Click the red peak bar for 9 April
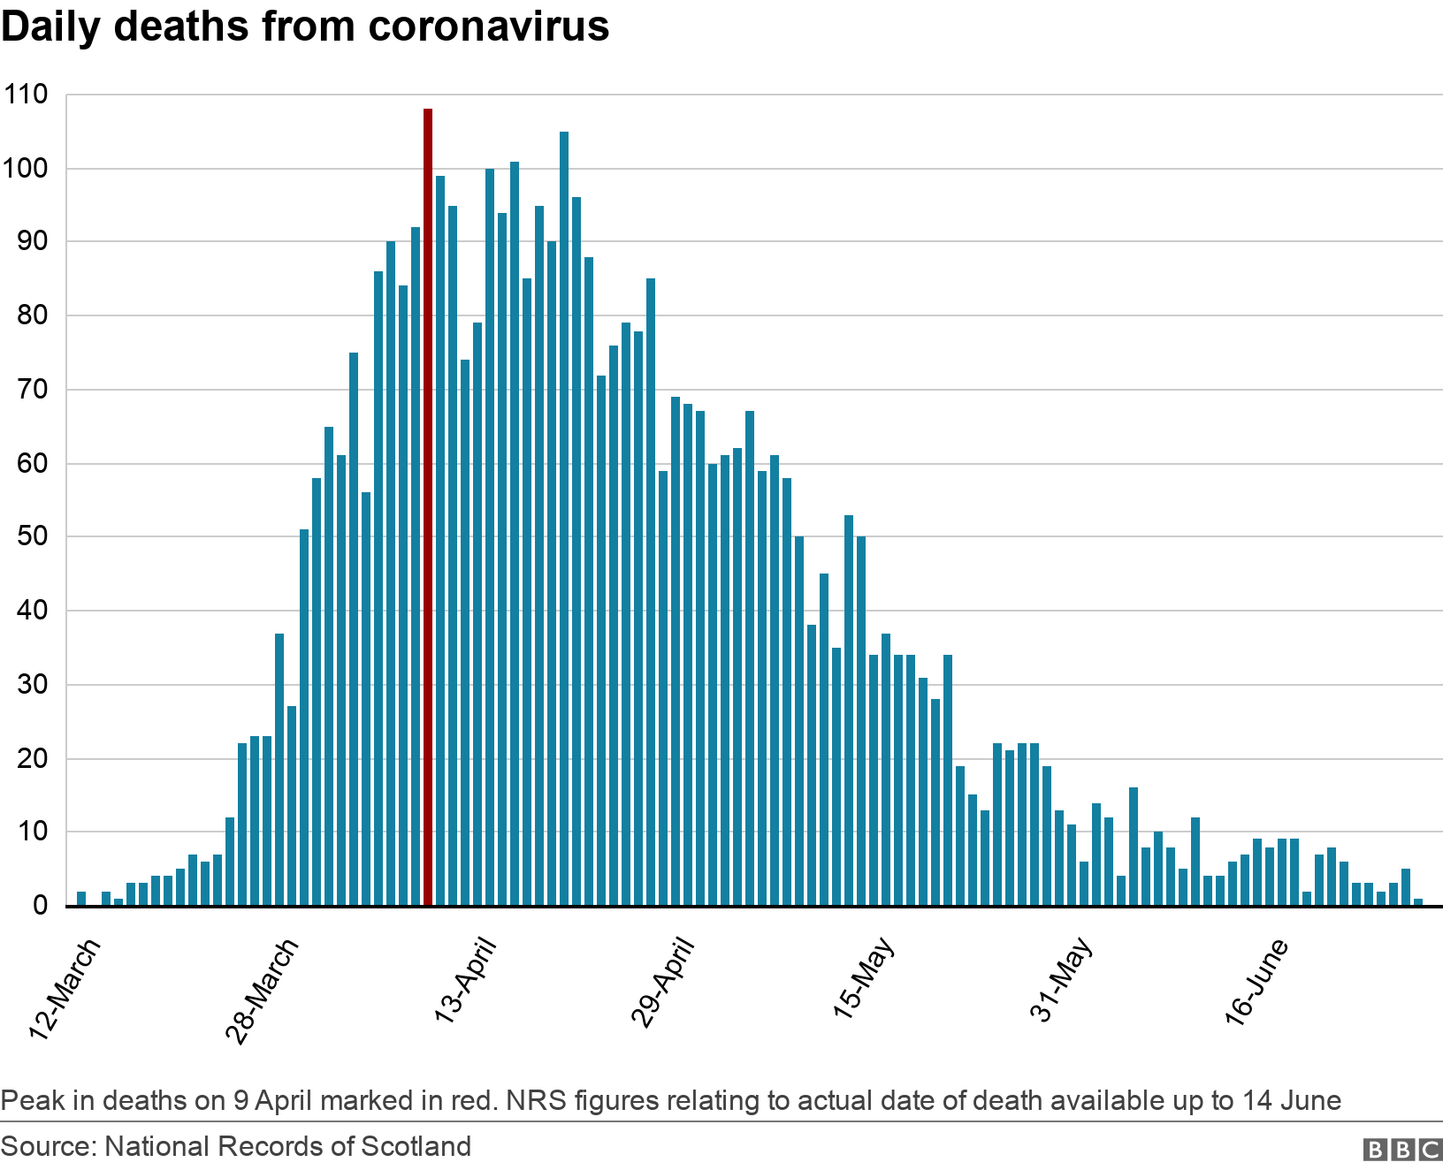coord(428,507)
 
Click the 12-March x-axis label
coord(65,991)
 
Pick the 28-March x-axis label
coord(263,991)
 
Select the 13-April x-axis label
coord(465,981)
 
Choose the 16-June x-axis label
coord(1256,982)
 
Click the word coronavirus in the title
coord(489,27)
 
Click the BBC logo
coord(1402,1149)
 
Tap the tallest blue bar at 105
coord(564,519)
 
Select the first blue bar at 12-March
coord(81,899)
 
